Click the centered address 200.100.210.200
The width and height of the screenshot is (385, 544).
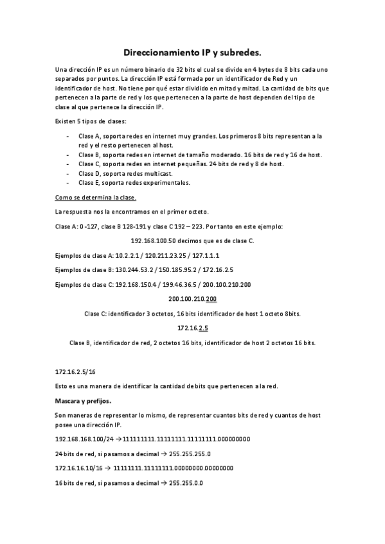(192, 299)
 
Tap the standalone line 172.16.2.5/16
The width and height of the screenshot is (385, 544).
(75, 371)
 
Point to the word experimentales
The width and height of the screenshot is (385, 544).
(167, 183)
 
